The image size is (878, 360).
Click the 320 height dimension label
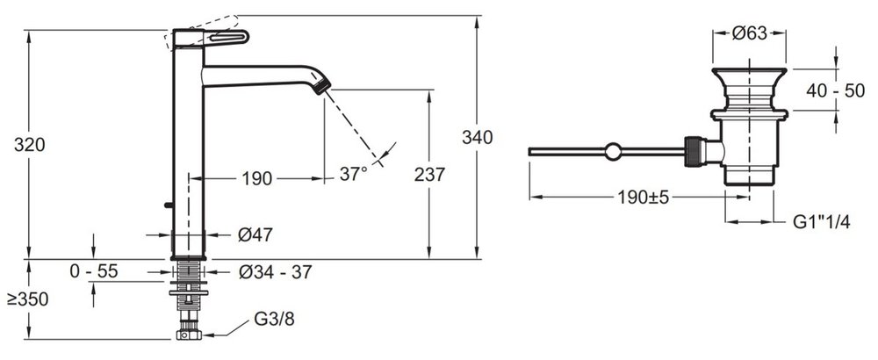30,145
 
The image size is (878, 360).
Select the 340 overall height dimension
477,137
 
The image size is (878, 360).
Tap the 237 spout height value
429,175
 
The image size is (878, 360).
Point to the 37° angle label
353,174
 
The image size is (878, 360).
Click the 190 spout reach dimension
257,178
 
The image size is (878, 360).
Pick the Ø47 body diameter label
255,234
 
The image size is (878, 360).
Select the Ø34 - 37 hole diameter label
275,272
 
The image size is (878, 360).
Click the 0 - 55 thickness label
94,271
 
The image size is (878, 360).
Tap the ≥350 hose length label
28,299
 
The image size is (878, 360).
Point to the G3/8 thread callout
274,319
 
